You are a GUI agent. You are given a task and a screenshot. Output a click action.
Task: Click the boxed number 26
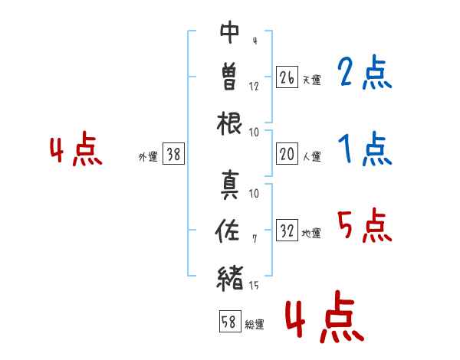pyautogui.click(x=287, y=77)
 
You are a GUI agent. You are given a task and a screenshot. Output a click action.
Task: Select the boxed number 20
pyautogui.click(x=287, y=155)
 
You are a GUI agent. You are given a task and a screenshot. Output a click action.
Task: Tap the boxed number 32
pyautogui.click(x=287, y=231)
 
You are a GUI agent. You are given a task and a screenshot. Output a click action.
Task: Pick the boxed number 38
pyautogui.click(x=173, y=155)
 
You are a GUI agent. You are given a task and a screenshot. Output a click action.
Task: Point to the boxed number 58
pyautogui.click(x=229, y=322)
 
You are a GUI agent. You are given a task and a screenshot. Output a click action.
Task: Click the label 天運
pyautogui.click(x=311, y=80)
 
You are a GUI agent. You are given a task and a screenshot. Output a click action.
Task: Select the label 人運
pyautogui.click(x=311, y=156)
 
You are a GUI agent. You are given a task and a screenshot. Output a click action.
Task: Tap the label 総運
pyautogui.click(x=255, y=324)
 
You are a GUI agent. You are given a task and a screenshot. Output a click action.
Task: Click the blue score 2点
pyautogui.click(x=364, y=74)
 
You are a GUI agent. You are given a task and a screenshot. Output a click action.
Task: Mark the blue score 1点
pyautogui.click(x=364, y=149)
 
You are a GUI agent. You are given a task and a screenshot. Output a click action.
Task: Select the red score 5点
pyautogui.click(x=364, y=225)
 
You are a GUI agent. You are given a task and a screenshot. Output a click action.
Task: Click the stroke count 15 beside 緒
pyautogui.click(x=254, y=286)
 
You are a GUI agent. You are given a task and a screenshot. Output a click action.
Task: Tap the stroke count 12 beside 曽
pyautogui.click(x=254, y=86)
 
